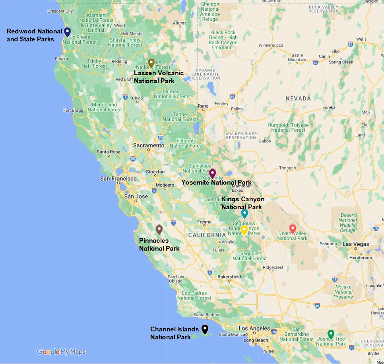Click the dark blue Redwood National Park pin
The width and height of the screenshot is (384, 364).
(67, 32)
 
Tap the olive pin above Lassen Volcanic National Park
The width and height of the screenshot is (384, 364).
(151, 63)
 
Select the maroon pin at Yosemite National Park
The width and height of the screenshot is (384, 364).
(212, 173)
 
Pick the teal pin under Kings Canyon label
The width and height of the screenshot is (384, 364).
(244, 214)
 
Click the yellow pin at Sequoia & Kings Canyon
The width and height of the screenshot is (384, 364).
(244, 230)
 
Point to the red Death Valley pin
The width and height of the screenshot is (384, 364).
(293, 229)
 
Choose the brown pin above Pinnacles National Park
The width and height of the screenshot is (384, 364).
(159, 230)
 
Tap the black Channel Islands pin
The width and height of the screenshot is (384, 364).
(205, 329)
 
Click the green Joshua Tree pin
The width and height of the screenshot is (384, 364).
(330, 334)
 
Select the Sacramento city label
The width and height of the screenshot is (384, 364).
(149, 146)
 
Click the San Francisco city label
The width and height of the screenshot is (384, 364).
(118, 179)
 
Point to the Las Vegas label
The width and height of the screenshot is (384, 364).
(356, 244)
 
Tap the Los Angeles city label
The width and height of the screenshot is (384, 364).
(254, 329)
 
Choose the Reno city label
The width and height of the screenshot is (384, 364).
(204, 106)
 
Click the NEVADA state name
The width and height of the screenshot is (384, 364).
(298, 98)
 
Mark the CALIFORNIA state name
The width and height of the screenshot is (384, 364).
(207, 235)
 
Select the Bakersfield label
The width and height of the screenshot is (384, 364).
(229, 276)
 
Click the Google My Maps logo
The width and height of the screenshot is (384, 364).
(61, 352)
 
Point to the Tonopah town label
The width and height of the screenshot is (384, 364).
(287, 168)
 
